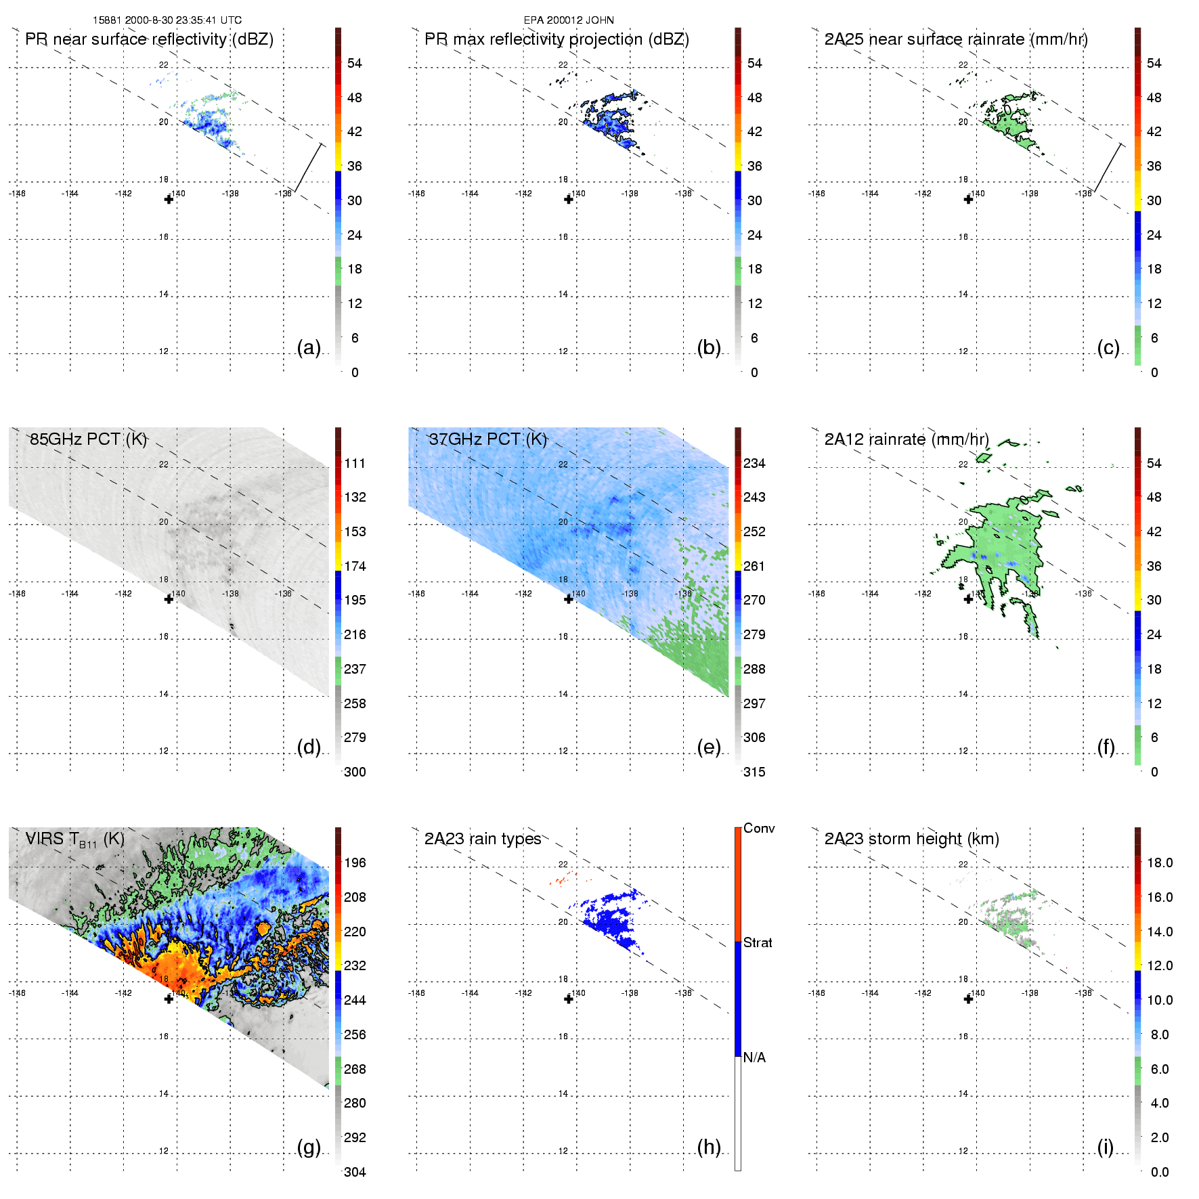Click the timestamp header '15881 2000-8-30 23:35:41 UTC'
[x=167, y=20]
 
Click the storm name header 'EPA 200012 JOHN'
[x=569, y=20]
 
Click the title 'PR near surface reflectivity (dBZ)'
[x=149, y=39]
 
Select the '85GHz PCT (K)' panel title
[x=88, y=439]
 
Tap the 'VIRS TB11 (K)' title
[x=74, y=840]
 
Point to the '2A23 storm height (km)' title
[x=911, y=839]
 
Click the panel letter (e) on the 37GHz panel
[x=708, y=747]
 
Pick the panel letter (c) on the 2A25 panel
[x=1108, y=348]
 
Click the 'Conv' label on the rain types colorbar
[x=759, y=829]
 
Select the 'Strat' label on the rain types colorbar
[x=758, y=942]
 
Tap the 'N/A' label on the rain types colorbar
[x=754, y=1058]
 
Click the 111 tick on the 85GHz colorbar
[x=355, y=464]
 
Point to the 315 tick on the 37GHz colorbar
[x=754, y=772]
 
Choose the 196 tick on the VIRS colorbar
[x=355, y=863]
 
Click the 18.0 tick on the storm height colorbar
[x=1160, y=863]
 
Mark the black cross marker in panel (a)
[x=169, y=200]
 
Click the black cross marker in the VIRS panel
[x=169, y=999]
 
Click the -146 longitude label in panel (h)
[x=416, y=993]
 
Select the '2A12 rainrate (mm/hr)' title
[x=907, y=439]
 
